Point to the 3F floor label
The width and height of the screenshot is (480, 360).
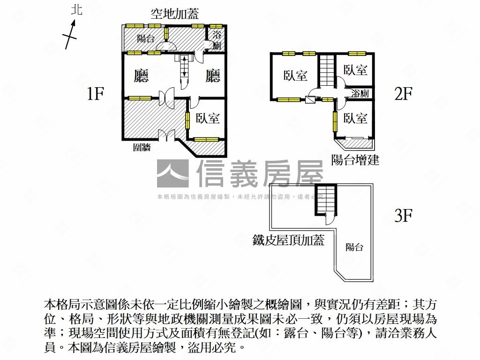click(x=403, y=216)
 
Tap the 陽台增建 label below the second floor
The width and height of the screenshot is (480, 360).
click(x=355, y=160)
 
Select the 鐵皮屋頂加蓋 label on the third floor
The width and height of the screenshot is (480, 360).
click(x=288, y=240)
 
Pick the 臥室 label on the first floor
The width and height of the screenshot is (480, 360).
click(x=208, y=118)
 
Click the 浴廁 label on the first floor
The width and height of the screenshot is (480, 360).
click(x=217, y=40)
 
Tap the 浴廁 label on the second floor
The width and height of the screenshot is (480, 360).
click(x=360, y=94)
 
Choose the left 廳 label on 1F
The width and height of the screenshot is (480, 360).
click(x=141, y=76)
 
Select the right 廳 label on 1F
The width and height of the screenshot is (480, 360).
click(x=213, y=76)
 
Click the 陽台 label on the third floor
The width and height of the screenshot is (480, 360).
click(x=354, y=247)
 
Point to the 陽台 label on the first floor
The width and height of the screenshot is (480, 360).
click(x=145, y=38)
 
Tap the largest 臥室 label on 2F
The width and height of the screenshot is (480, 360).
click(x=295, y=75)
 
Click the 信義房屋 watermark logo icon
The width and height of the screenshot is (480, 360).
click(x=172, y=174)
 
